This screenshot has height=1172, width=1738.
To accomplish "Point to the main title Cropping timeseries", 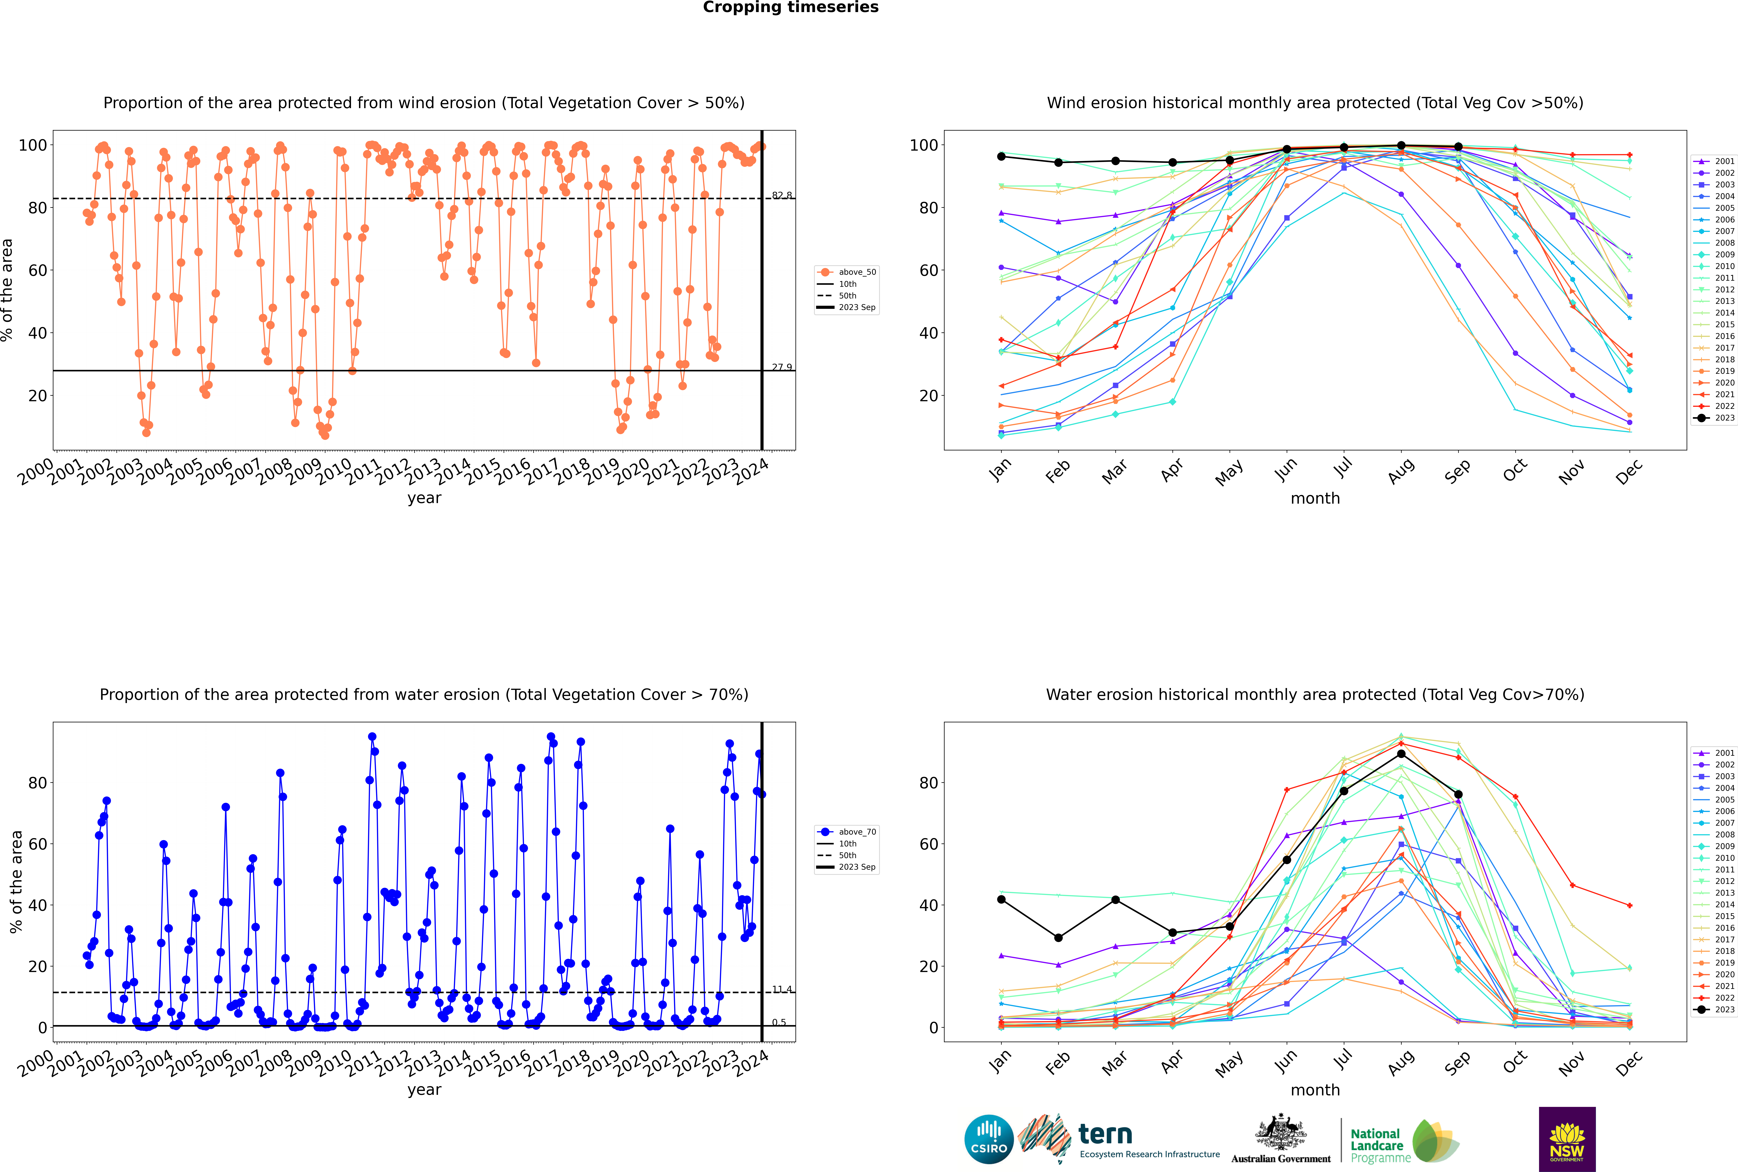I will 790,7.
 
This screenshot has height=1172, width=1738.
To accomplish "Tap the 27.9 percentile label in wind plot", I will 782,367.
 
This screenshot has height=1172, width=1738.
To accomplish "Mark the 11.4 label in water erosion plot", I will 782,989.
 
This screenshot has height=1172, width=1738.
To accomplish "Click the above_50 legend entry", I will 856,272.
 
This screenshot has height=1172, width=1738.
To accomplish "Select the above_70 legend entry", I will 856,832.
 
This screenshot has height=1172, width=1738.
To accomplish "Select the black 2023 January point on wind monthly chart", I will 1001,156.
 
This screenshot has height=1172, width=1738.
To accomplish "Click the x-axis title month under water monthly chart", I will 1315,1090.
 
